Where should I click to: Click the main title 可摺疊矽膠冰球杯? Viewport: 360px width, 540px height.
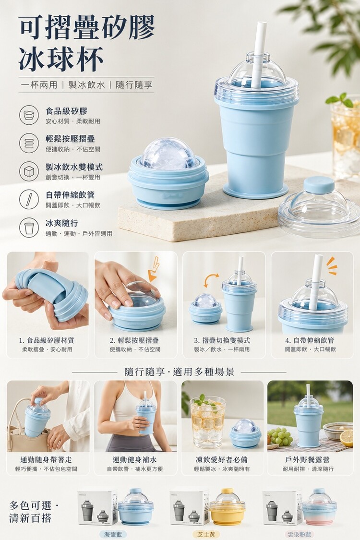(86, 43)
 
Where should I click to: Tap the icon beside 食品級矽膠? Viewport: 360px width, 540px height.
(29, 115)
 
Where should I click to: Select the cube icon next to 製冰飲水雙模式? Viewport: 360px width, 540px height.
(29, 171)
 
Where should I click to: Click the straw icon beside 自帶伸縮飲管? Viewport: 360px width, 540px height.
(29, 199)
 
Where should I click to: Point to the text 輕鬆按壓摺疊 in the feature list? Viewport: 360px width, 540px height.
(70, 139)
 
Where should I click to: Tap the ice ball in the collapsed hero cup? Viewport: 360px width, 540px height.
(168, 154)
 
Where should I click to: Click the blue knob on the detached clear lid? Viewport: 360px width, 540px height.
(319, 185)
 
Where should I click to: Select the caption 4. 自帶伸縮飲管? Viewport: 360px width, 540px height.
(309, 340)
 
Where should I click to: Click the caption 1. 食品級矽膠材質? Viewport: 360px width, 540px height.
(47, 340)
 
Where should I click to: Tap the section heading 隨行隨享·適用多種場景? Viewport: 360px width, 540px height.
(179, 372)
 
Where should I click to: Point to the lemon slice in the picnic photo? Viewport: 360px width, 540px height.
(346, 438)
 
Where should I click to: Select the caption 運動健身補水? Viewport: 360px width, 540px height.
(135, 460)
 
